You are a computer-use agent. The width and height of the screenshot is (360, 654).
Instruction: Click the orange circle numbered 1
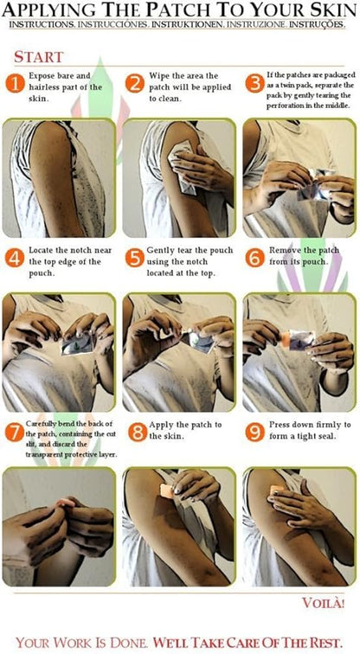(15, 84)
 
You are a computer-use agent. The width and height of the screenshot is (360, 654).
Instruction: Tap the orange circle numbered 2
(135, 84)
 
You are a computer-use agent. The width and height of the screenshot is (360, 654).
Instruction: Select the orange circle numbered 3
(255, 84)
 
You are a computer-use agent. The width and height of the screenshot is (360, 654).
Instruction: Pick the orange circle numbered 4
(15, 259)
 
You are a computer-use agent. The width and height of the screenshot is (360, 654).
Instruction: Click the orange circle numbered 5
(135, 259)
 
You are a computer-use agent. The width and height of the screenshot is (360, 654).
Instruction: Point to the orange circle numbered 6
(255, 259)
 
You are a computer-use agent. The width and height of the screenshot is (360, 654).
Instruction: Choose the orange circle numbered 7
(15, 433)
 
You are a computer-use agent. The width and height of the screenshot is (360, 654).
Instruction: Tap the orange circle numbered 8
(138, 433)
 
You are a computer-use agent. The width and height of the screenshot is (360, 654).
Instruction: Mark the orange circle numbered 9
(255, 433)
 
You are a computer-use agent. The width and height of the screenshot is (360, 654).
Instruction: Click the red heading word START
(38, 57)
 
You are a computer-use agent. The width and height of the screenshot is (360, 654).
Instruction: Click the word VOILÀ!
(324, 603)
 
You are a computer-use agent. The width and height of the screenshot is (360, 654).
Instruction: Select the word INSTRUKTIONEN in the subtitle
(188, 24)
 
